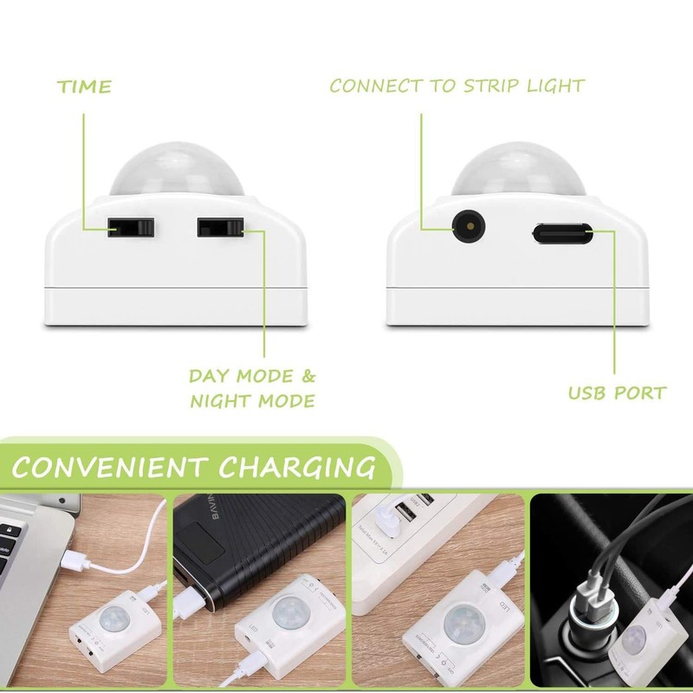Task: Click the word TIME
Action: point(84,87)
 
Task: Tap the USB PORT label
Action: point(617,393)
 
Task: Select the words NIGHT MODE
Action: point(252,401)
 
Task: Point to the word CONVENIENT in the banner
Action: point(109,467)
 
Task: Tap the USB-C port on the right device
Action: point(561,232)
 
